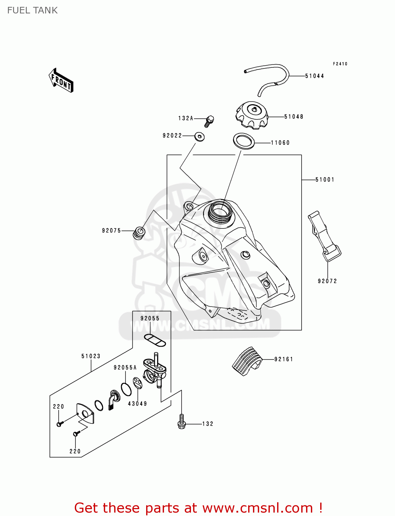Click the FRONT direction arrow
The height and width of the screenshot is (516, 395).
(61, 80)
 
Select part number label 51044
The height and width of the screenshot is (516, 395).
(314, 76)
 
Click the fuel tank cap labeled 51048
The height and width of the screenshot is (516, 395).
(252, 115)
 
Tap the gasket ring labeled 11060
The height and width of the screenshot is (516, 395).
(244, 141)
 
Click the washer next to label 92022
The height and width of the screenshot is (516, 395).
(199, 137)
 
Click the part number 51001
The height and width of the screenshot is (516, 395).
(325, 180)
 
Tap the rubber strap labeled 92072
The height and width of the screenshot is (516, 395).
(324, 237)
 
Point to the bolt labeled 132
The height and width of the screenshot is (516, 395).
(182, 422)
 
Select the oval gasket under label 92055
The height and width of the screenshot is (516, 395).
(155, 340)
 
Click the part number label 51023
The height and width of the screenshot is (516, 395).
(91, 356)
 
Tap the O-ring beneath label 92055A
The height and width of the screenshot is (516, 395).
(126, 389)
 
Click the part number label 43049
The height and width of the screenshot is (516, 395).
(138, 404)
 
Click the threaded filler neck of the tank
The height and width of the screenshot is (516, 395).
(221, 211)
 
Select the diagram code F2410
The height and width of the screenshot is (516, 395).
(340, 64)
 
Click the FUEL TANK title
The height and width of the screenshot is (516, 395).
(32, 10)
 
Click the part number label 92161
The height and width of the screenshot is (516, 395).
(283, 359)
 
